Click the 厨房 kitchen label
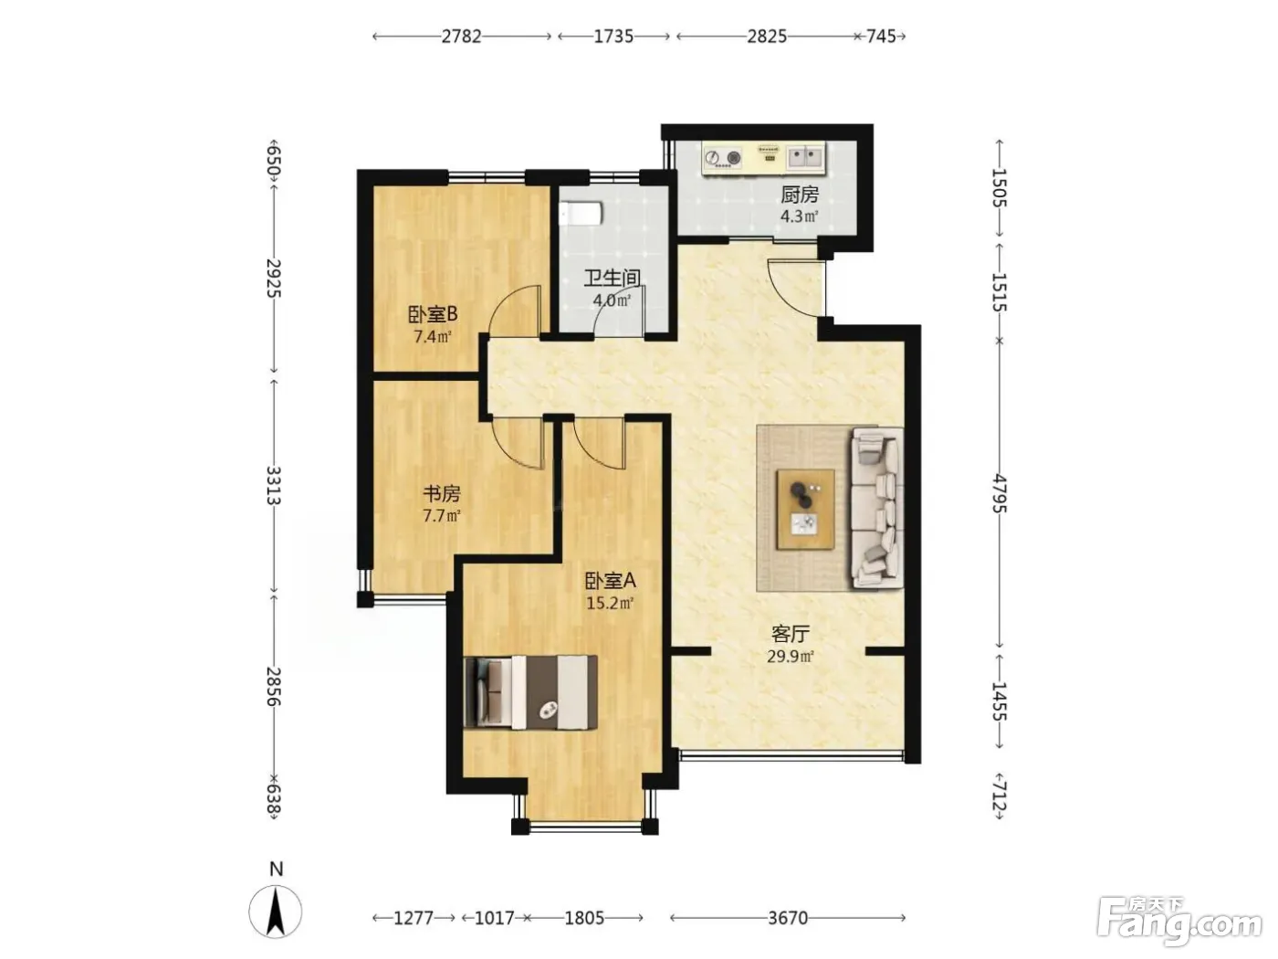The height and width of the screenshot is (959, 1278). click(x=799, y=195)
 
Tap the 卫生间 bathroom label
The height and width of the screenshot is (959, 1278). click(x=612, y=279)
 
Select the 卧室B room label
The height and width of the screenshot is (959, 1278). click(x=432, y=315)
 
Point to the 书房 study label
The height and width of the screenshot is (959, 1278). click(x=441, y=494)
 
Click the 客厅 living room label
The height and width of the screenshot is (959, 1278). click(x=791, y=634)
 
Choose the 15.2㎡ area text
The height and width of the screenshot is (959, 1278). click(x=610, y=603)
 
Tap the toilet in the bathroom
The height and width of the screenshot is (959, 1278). click(x=580, y=213)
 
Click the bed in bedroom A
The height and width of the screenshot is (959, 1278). click(x=530, y=691)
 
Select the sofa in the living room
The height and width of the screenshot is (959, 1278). click(x=877, y=507)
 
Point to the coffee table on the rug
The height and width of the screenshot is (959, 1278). click(x=806, y=510)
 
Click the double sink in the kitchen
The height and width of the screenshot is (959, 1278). click(x=804, y=156)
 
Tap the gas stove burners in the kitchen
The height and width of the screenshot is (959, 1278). click(x=723, y=157)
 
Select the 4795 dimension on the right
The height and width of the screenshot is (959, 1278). click(x=999, y=494)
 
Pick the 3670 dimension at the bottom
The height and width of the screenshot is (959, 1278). click(x=788, y=918)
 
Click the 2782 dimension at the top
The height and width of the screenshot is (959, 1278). click(x=461, y=37)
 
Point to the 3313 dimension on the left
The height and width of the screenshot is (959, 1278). click(x=274, y=486)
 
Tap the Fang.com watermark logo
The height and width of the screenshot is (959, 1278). click(x=1180, y=922)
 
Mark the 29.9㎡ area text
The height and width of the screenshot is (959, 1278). click(x=791, y=657)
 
